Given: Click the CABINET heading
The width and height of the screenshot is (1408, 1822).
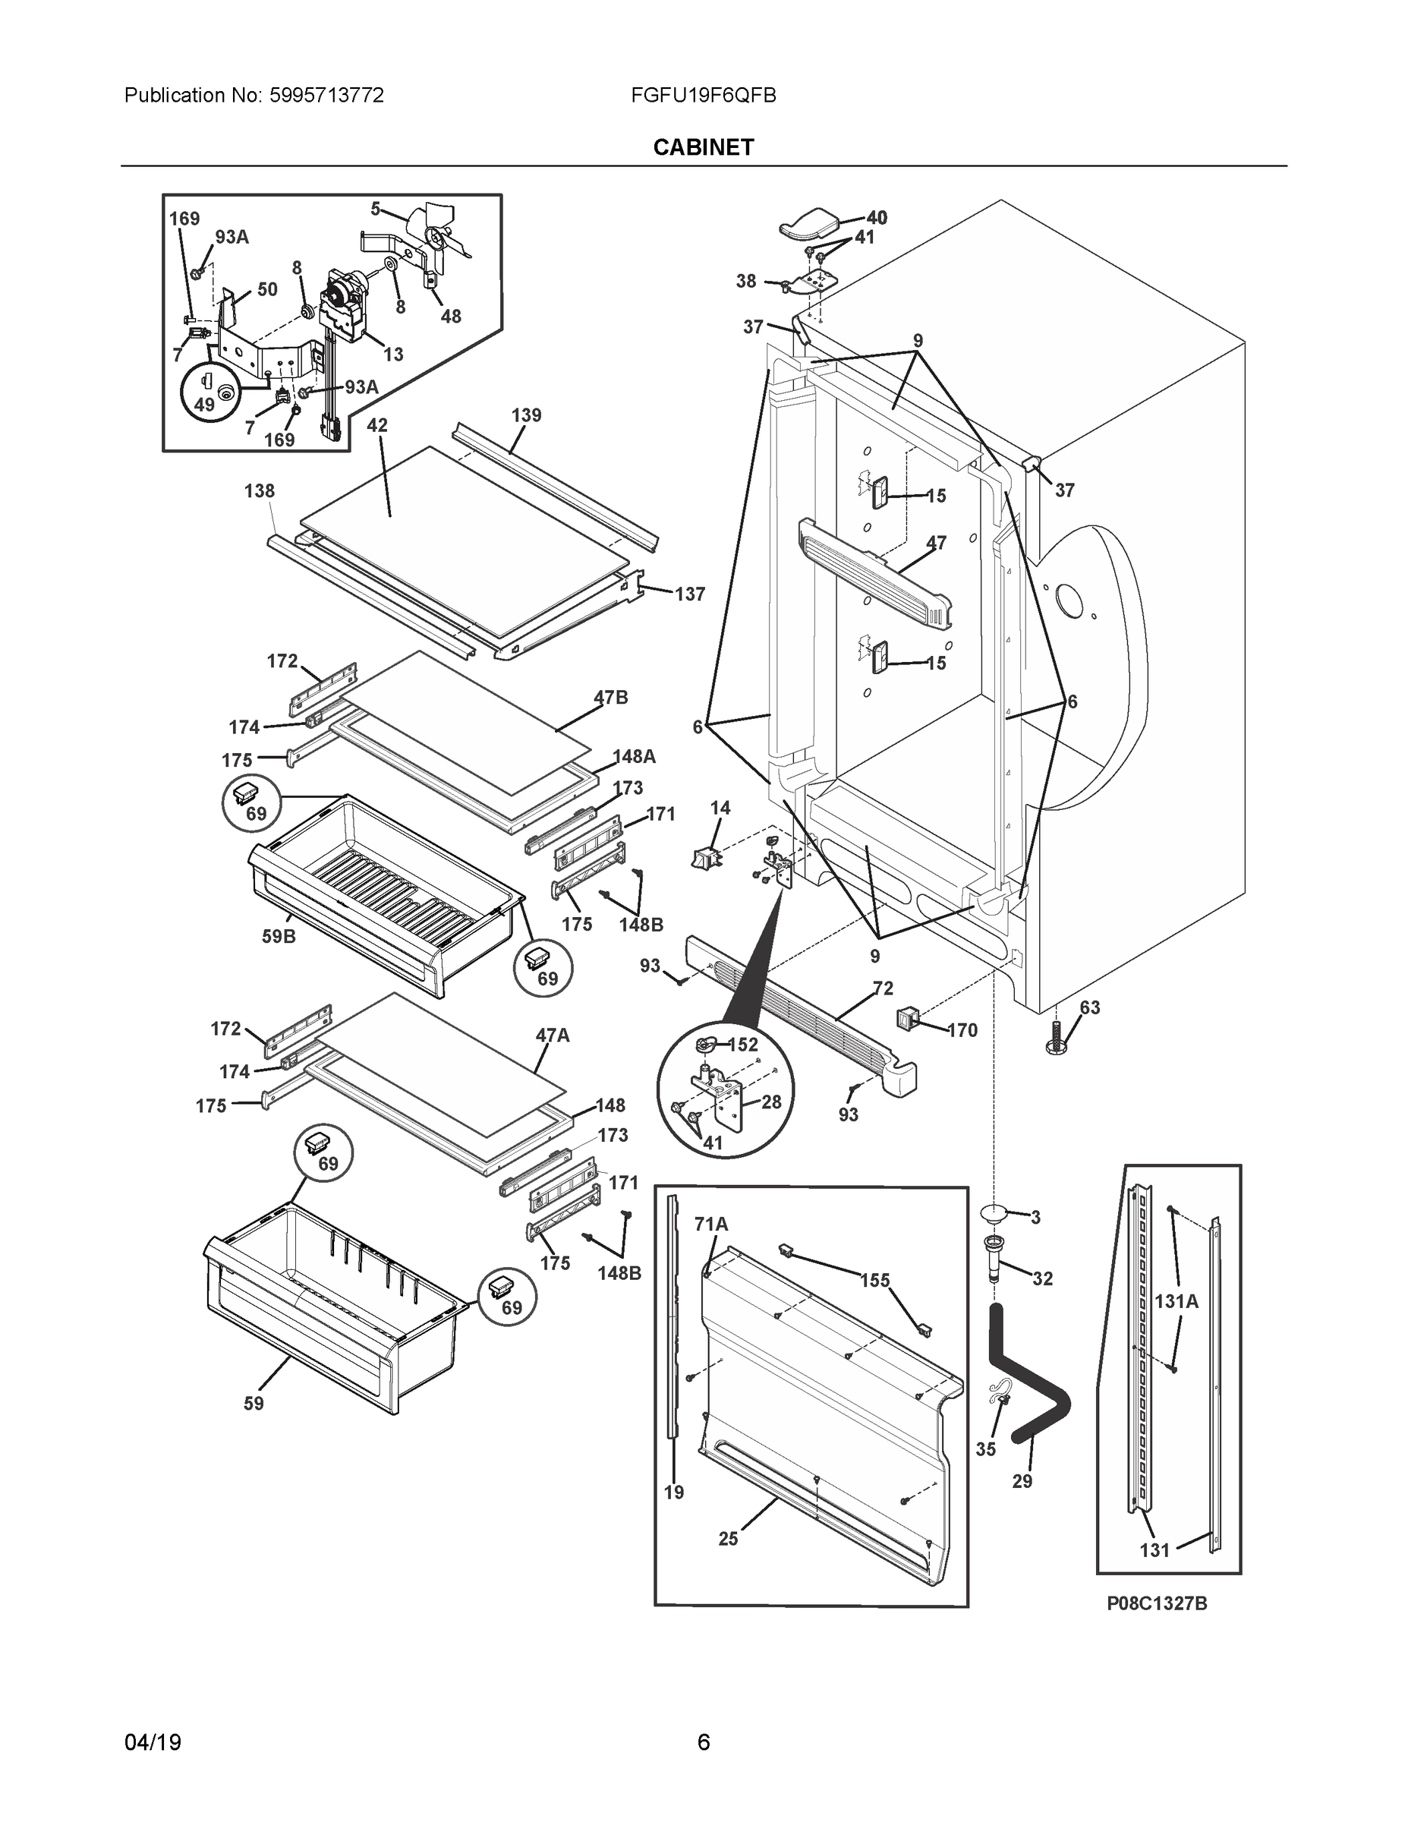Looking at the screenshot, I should (x=703, y=148).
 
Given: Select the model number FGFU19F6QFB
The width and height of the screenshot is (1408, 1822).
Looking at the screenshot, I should (x=703, y=96).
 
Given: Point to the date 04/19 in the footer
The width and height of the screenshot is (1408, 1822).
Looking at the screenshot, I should (x=153, y=1742).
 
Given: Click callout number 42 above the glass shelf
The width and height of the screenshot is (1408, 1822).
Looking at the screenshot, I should (x=377, y=425).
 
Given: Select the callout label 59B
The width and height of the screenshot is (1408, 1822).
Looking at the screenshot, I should (x=279, y=936).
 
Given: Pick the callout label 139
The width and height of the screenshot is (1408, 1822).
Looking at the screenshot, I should (x=525, y=415).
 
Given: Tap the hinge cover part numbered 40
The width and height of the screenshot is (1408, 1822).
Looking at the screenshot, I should (x=808, y=222).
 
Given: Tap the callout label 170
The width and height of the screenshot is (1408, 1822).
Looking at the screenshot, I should (x=962, y=1030).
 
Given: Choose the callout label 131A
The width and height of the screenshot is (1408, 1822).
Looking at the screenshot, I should (x=1176, y=1300).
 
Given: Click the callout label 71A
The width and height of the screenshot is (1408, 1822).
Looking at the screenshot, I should (x=710, y=1224).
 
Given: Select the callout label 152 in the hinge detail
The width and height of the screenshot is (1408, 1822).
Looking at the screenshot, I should (x=742, y=1045).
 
